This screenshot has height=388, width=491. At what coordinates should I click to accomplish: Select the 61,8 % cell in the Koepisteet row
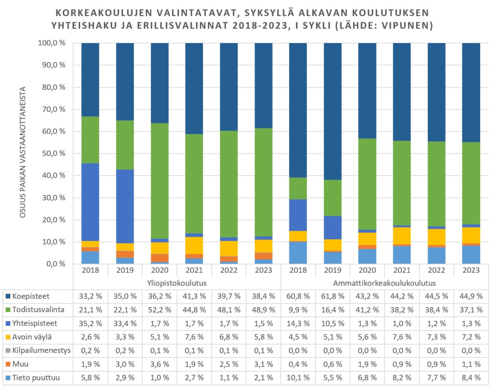[x=333, y=297]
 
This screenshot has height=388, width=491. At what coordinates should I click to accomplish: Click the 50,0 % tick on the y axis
[x=54, y=154]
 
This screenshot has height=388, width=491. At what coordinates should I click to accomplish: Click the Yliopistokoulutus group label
[x=177, y=283]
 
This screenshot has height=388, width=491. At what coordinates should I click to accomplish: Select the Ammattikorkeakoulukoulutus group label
[x=385, y=283]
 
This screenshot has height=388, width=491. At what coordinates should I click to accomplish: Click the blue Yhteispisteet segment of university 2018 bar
[x=90, y=202]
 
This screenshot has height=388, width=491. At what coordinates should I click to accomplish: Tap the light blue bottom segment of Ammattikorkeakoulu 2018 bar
[x=298, y=252]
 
